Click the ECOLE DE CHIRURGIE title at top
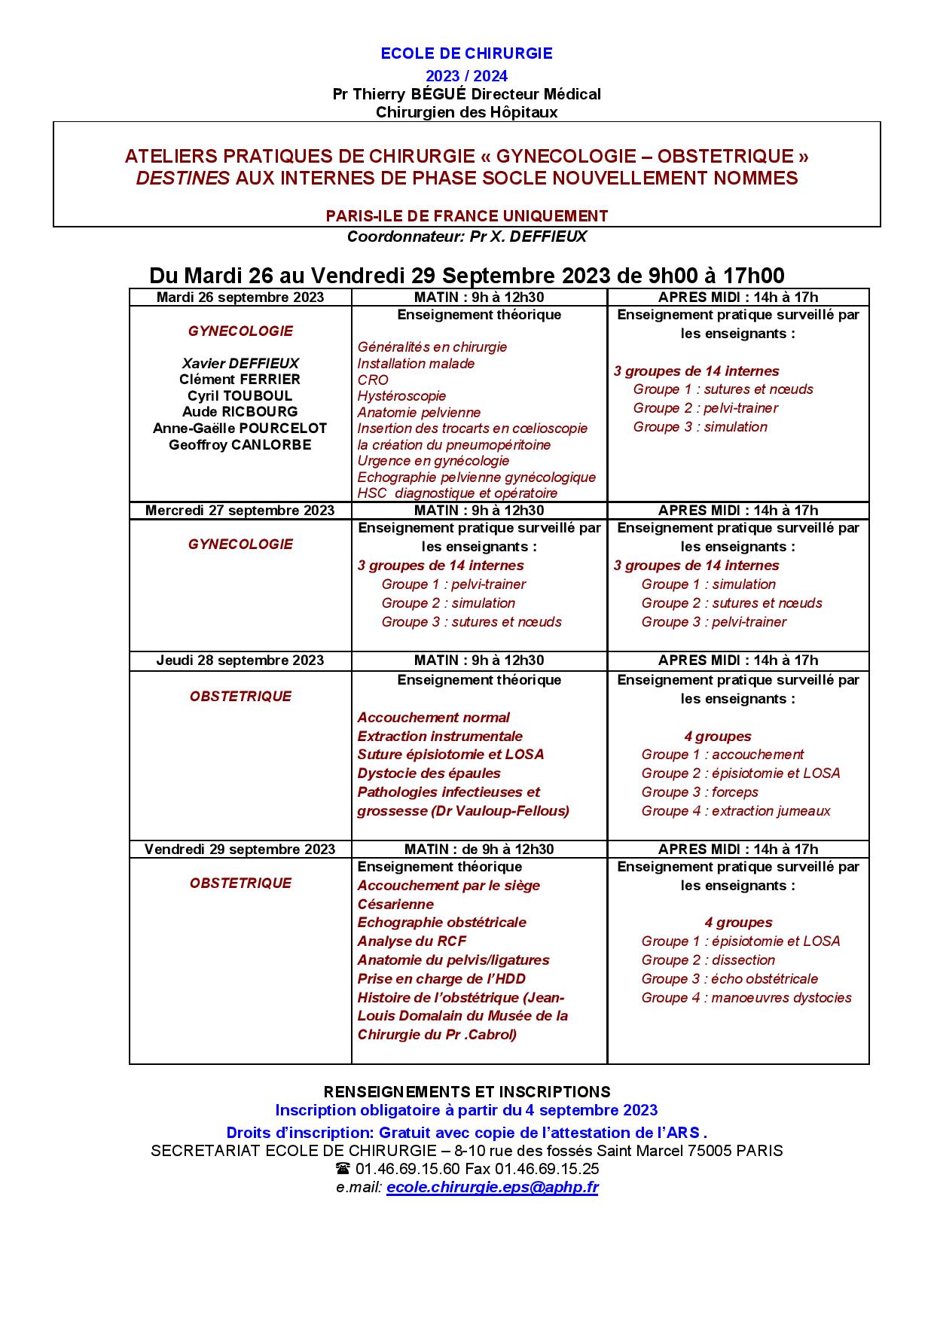466,53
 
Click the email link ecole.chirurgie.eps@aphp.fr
492,1188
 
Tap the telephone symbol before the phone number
343,1170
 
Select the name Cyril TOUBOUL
240,396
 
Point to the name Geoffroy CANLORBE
240,445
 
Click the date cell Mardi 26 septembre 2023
240,297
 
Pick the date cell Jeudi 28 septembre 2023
240,660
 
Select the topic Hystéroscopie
401,396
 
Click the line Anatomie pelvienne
419,413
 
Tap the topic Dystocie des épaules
429,773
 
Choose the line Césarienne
395,905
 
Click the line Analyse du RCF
411,941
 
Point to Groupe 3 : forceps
700,792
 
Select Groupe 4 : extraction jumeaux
736,811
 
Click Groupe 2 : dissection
708,960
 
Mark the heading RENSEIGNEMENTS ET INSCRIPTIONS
466,1092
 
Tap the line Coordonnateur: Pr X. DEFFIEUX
466,236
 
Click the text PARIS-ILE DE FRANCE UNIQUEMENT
466,216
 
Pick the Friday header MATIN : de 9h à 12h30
479,850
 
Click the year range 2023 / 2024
466,76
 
